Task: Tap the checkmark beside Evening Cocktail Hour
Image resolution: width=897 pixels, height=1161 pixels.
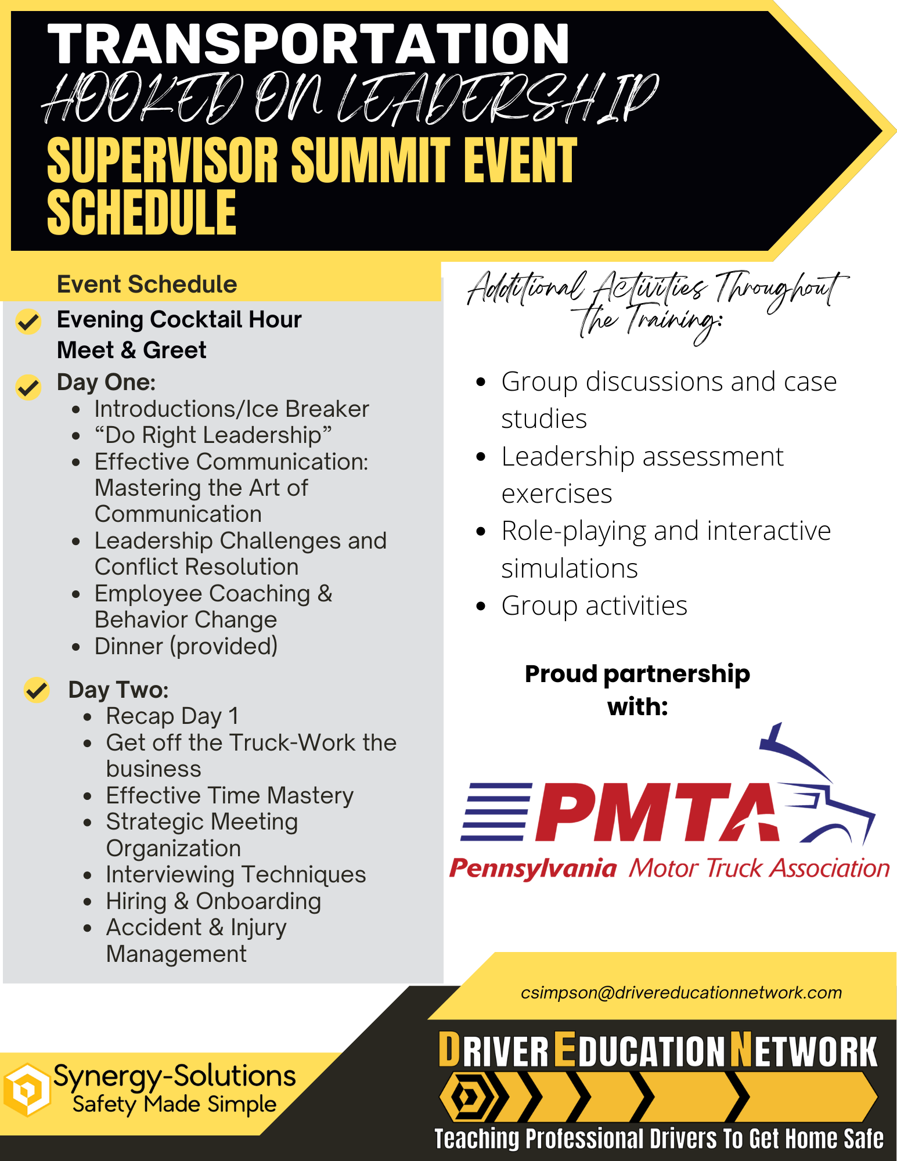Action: coord(28,321)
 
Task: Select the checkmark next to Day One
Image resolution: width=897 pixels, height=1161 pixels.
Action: coord(28,387)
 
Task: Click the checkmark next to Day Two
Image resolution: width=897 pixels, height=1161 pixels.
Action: coord(37,690)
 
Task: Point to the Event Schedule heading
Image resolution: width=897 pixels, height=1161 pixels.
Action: coord(147,284)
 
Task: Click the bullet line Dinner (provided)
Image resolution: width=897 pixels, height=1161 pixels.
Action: coord(186,646)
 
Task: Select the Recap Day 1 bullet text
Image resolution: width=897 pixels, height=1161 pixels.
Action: coord(172,716)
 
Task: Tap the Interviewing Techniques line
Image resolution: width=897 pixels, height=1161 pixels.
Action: coord(236,874)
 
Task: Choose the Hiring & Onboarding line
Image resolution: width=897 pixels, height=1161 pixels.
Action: coord(214,901)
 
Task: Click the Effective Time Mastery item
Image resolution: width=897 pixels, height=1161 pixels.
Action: coord(230,795)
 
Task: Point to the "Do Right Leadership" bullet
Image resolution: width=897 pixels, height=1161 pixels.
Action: coord(213,435)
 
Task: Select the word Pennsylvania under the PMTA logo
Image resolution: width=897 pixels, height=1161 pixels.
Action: coord(532,868)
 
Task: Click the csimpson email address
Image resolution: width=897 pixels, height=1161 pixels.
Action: coord(681,993)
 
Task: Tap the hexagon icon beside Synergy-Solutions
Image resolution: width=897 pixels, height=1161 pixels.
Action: coord(26,1090)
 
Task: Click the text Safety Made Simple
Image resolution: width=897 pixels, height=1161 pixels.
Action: coord(174,1104)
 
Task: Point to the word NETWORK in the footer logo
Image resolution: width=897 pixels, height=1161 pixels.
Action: coord(804,1050)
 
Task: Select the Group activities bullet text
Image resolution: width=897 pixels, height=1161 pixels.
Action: coord(595,605)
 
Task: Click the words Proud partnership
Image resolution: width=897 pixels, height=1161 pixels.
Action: coord(637,675)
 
